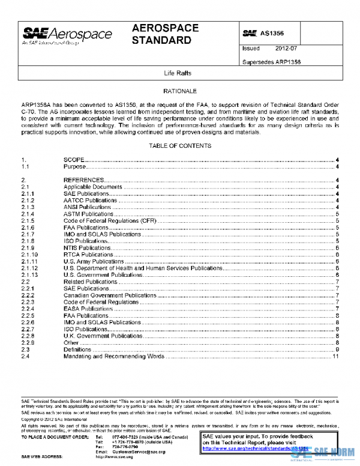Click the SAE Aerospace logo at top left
[x=67, y=36]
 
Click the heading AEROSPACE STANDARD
[x=161, y=34]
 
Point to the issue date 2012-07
[x=287, y=48]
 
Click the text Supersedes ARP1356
[x=271, y=61]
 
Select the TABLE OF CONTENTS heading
[x=180, y=146]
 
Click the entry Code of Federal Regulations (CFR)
[x=110, y=221]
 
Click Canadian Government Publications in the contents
[x=110, y=295]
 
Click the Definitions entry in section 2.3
[x=77, y=349]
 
